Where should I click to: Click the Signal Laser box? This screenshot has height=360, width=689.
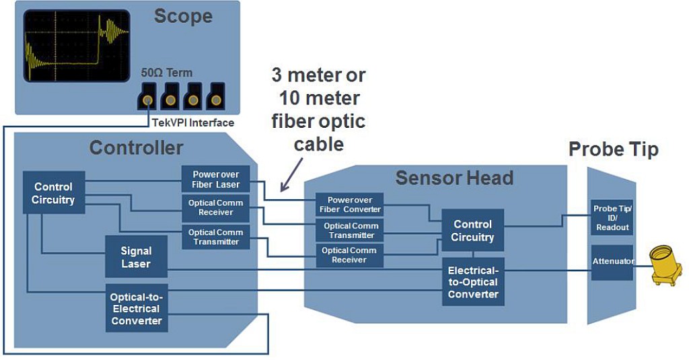136,257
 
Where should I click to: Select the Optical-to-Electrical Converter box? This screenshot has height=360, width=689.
136,308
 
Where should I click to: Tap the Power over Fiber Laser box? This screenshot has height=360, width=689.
215,180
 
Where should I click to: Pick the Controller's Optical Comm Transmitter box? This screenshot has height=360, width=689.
215,237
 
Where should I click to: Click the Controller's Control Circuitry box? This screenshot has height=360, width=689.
53,192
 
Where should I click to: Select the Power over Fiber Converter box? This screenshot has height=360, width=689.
349,205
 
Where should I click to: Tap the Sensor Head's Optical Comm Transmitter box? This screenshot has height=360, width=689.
349,230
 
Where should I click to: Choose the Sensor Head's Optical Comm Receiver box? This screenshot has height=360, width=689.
349,255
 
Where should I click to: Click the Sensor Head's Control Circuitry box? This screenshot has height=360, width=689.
472,231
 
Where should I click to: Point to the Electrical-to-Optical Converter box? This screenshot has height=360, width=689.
472,282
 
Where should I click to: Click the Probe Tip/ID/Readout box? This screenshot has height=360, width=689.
612,217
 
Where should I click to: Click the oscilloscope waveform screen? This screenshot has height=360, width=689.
76,45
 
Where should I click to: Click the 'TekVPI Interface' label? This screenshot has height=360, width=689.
192,122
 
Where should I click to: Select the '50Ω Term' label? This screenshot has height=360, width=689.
166,73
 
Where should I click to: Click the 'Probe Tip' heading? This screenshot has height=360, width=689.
613,149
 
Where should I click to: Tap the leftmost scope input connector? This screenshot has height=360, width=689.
147,98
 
